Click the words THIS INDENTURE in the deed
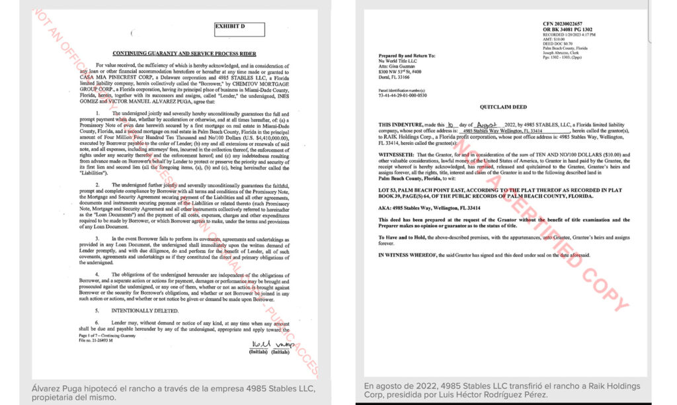(x=403, y=124)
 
